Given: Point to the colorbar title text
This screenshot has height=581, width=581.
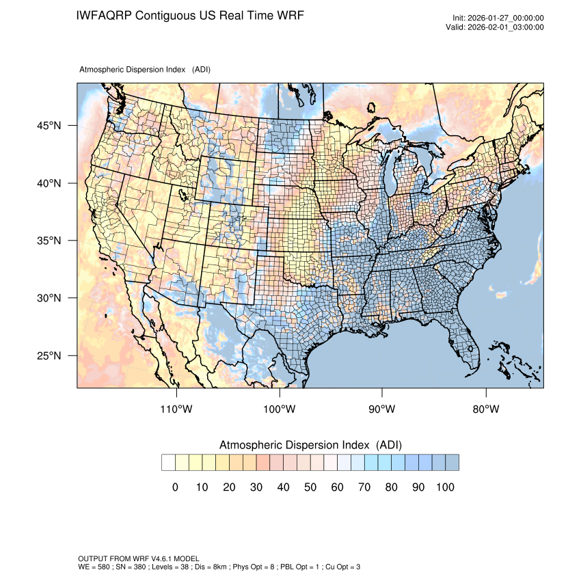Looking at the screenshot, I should pyautogui.click(x=310, y=445).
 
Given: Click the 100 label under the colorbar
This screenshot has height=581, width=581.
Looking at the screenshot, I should pyautogui.click(x=445, y=487).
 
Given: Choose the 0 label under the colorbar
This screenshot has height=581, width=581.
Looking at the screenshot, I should pyautogui.click(x=175, y=487).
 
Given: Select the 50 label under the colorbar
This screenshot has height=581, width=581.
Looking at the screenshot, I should pyautogui.click(x=310, y=487).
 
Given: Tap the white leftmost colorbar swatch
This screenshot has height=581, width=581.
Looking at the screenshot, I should pyautogui.click(x=168, y=463).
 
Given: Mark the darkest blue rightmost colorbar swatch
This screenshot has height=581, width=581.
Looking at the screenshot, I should pyautogui.click(x=452, y=463).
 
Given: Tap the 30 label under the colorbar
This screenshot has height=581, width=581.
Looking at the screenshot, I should pyautogui.click(x=256, y=487).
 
